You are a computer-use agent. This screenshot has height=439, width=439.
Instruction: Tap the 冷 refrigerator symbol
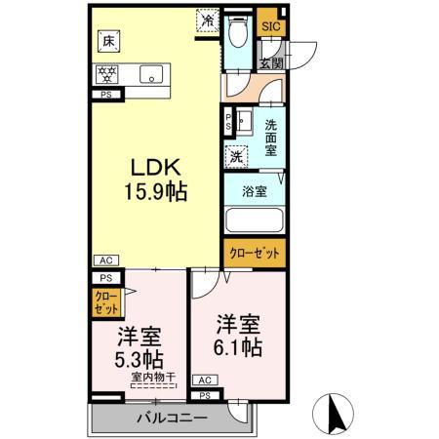point(208,19)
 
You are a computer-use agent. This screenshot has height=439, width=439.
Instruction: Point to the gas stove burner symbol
point(107,73)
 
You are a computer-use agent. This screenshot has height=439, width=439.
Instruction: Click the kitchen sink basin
point(151,73)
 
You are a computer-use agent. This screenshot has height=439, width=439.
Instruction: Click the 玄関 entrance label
point(270,62)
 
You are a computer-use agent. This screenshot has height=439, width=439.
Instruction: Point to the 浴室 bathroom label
point(254,192)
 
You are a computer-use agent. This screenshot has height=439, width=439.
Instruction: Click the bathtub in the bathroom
point(253,221)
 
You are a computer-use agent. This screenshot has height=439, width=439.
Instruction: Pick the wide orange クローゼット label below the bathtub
point(254,253)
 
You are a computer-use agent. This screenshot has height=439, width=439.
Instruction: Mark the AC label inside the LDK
point(105,260)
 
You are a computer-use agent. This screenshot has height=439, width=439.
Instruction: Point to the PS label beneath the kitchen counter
point(104,95)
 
